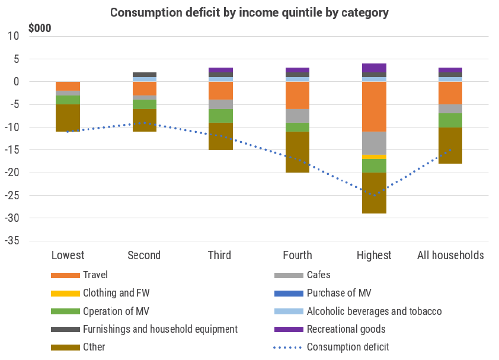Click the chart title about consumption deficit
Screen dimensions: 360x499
tap(249, 12)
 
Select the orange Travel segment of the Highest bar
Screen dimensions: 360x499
tap(374, 106)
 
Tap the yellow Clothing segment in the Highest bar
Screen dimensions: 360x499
tap(374, 157)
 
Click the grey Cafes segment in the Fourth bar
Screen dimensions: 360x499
tap(298, 116)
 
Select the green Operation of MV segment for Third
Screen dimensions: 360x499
tap(220, 116)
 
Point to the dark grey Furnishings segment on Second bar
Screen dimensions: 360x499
tap(144, 75)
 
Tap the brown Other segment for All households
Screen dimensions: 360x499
tap(450, 145)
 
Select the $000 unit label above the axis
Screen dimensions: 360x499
tap(40, 28)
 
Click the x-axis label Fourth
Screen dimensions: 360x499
tap(298, 256)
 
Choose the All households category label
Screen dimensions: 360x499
tap(450, 256)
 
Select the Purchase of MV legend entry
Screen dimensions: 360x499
tap(339, 293)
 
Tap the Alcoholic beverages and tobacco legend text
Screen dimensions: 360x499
tap(374, 311)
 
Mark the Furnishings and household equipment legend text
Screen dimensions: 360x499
tap(160, 329)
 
